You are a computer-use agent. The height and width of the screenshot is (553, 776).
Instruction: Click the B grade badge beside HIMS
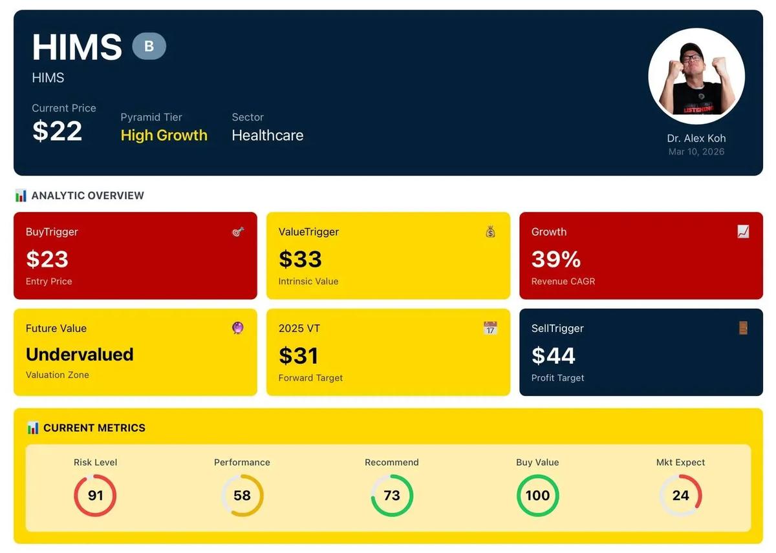tap(149, 47)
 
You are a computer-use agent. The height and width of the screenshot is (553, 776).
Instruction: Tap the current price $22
tap(58, 131)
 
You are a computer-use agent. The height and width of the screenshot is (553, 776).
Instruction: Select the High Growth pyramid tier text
tap(164, 135)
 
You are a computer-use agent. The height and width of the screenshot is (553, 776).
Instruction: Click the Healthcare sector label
tap(268, 135)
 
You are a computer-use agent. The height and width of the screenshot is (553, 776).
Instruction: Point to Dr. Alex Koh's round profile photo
tap(696, 76)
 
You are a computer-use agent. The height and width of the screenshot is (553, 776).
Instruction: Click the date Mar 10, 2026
tap(696, 152)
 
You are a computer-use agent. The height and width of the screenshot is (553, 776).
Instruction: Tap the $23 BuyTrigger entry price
tap(47, 259)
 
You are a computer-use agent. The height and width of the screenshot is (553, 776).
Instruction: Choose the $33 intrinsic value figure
tap(300, 259)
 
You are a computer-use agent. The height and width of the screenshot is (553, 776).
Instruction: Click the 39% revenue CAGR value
tap(556, 259)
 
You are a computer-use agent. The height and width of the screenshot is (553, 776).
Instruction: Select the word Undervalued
tap(80, 354)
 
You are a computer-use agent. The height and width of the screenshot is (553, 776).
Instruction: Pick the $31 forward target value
tap(299, 356)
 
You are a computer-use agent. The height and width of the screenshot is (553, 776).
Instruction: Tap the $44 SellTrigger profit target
tap(553, 356)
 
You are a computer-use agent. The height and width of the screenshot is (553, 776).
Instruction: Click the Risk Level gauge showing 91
tap(96, 496)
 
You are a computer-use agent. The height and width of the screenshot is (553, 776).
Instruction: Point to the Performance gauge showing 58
tap(242, 496)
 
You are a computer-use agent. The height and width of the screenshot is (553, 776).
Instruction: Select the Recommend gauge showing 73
tap(392, 496)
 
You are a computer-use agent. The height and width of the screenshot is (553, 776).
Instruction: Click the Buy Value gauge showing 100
tap(537, 496)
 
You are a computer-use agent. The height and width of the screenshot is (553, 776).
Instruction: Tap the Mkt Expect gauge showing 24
tap(680, 496)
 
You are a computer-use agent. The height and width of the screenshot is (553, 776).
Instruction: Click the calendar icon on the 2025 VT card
tap(491, 328)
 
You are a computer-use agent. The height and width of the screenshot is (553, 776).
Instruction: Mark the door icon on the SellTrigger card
tap(743, 328)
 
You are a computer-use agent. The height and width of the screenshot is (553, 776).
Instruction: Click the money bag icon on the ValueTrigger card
tap(491, 231)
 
